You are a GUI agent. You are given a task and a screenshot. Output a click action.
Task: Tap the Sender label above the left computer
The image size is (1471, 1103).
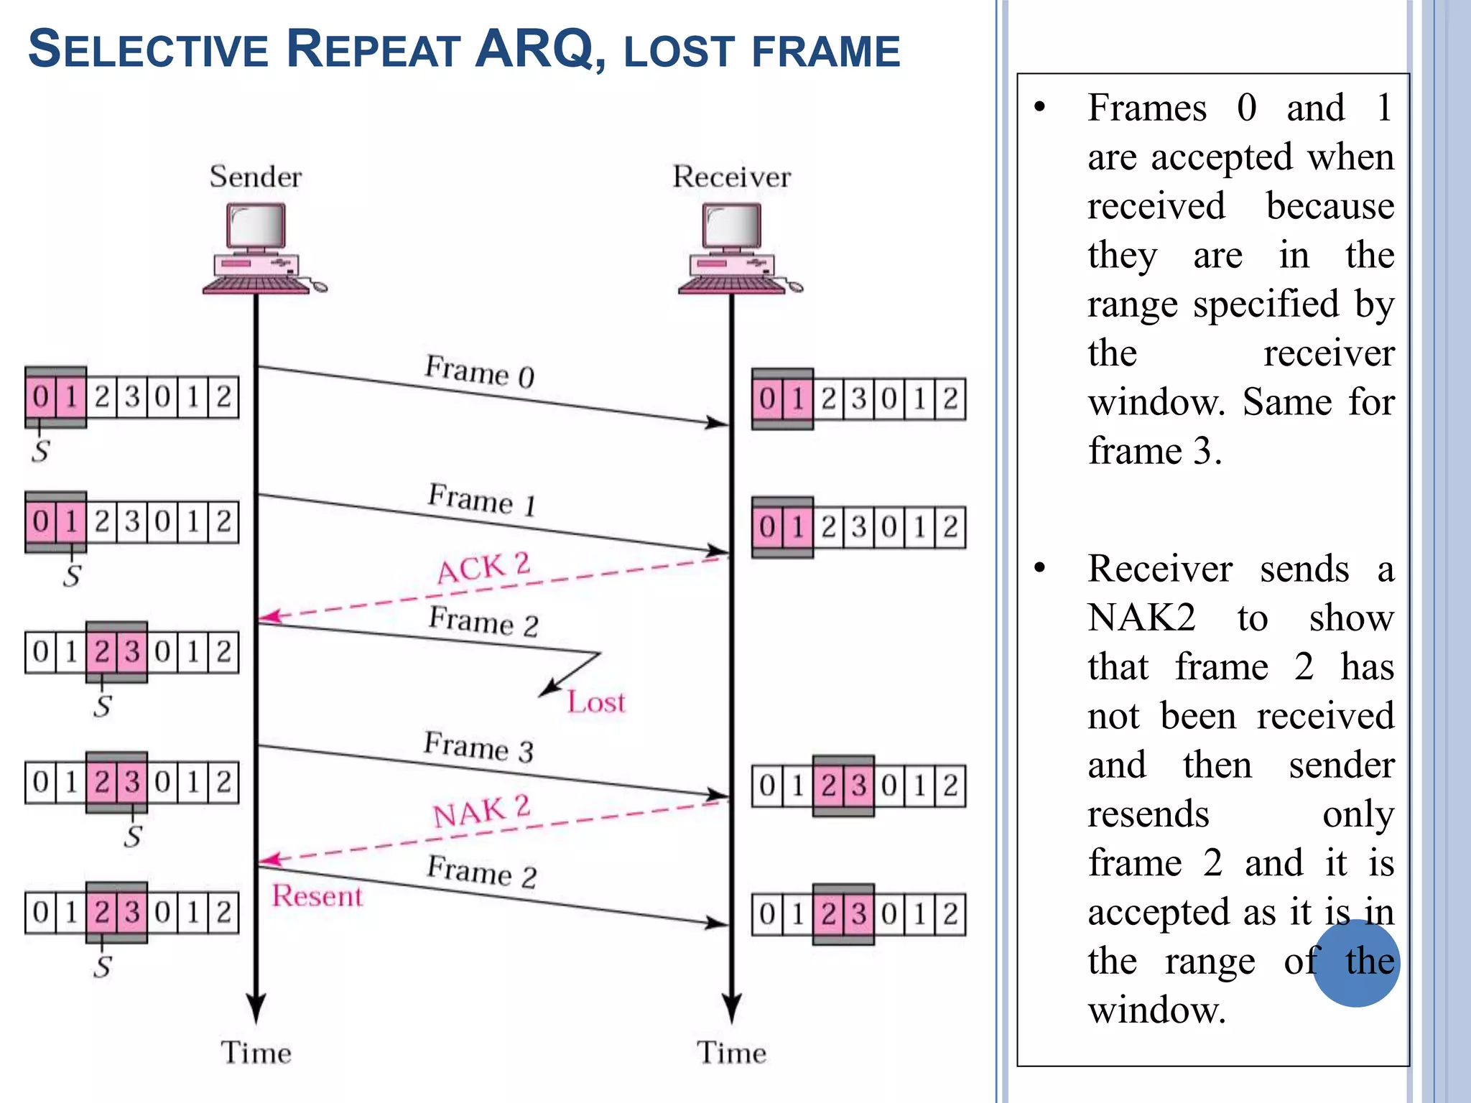coord(255,177)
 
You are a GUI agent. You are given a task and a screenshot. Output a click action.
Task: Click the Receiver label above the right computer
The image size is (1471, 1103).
coord(731,177)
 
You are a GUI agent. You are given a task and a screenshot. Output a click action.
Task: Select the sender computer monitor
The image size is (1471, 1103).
coord(256,226)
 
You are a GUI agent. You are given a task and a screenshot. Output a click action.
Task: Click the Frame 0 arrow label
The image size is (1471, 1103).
coord(479,371)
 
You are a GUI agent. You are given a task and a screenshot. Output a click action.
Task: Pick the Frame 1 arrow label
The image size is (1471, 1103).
coord(481,499)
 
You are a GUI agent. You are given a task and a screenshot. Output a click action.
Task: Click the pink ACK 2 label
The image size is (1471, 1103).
coord(483,567)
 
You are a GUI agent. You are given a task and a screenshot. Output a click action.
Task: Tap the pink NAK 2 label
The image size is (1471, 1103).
coord(481,811)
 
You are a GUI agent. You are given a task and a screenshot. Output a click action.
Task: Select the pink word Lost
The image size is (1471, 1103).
coord(595,702)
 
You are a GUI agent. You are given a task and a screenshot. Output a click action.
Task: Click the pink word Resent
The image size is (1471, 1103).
coord(317,896)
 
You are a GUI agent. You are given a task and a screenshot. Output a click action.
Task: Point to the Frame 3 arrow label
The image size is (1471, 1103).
coord(478,747)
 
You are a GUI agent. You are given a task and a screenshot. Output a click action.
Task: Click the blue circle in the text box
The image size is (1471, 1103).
coord(1355,963)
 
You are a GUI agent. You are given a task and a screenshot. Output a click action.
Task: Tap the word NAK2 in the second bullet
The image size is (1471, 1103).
coord(1141,618)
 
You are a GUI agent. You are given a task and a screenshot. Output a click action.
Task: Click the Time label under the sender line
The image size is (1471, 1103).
coord(256,1053)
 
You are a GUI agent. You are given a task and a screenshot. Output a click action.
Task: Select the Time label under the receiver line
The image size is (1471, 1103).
coord(731,1053)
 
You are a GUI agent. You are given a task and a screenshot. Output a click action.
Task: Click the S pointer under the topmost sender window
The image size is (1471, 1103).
coord(40,451)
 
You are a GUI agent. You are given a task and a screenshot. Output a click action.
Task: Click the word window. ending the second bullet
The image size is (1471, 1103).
coord(1156,1010)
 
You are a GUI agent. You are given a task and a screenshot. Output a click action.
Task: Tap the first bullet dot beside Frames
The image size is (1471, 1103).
coord(1039,108)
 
